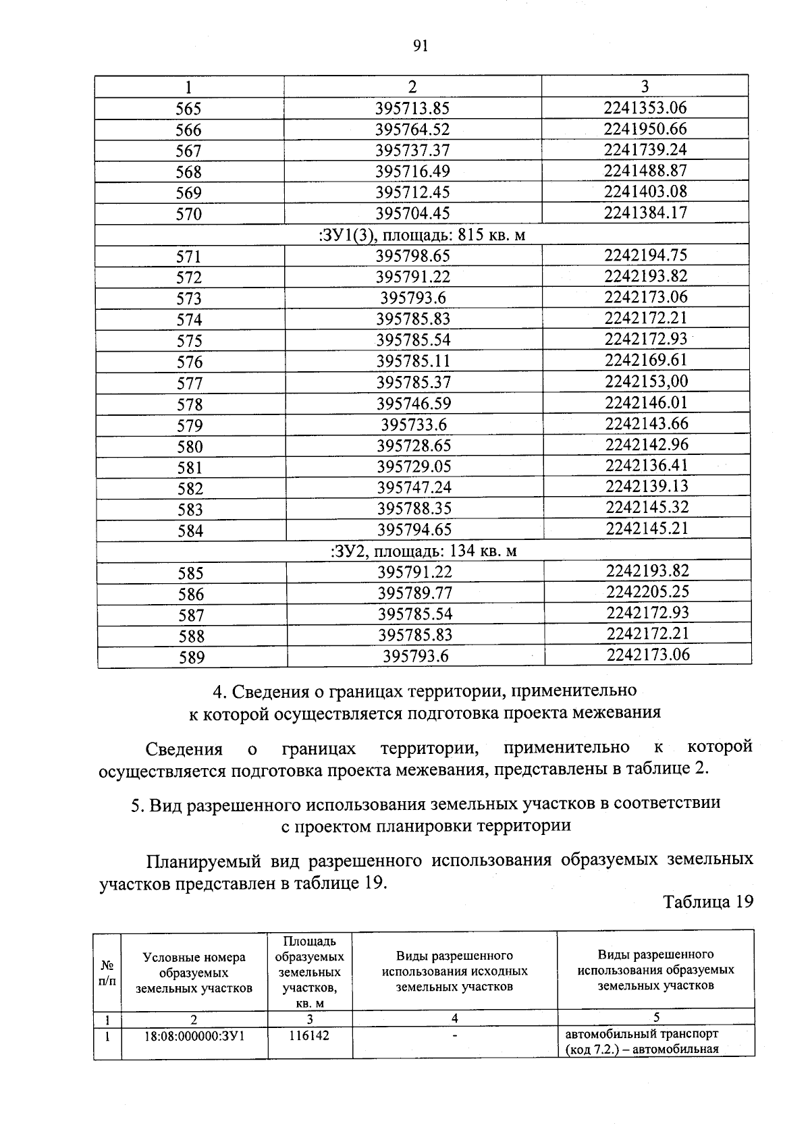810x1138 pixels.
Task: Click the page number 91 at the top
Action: coord(420,46)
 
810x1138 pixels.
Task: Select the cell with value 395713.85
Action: coord(412,109)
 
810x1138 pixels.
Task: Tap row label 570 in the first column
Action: coord(189,215)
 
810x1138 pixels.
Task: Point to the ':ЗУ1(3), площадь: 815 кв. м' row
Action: coord(421,235)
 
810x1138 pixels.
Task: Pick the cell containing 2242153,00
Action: coord(646,381)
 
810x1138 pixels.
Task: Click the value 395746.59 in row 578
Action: coord(413,404)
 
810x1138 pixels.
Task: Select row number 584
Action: coord(190,531)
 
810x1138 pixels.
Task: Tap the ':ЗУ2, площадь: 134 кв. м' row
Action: coord(423,551)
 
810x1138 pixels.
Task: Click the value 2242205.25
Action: coord(647,592)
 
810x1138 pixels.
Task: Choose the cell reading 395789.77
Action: coord(414,593)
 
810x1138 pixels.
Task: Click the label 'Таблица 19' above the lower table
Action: coord(707,902)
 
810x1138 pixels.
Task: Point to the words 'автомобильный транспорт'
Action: coord(641,1033)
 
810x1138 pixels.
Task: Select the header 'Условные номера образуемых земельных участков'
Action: coord(194,973)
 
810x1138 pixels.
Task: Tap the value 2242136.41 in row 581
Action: coord(647,466)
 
